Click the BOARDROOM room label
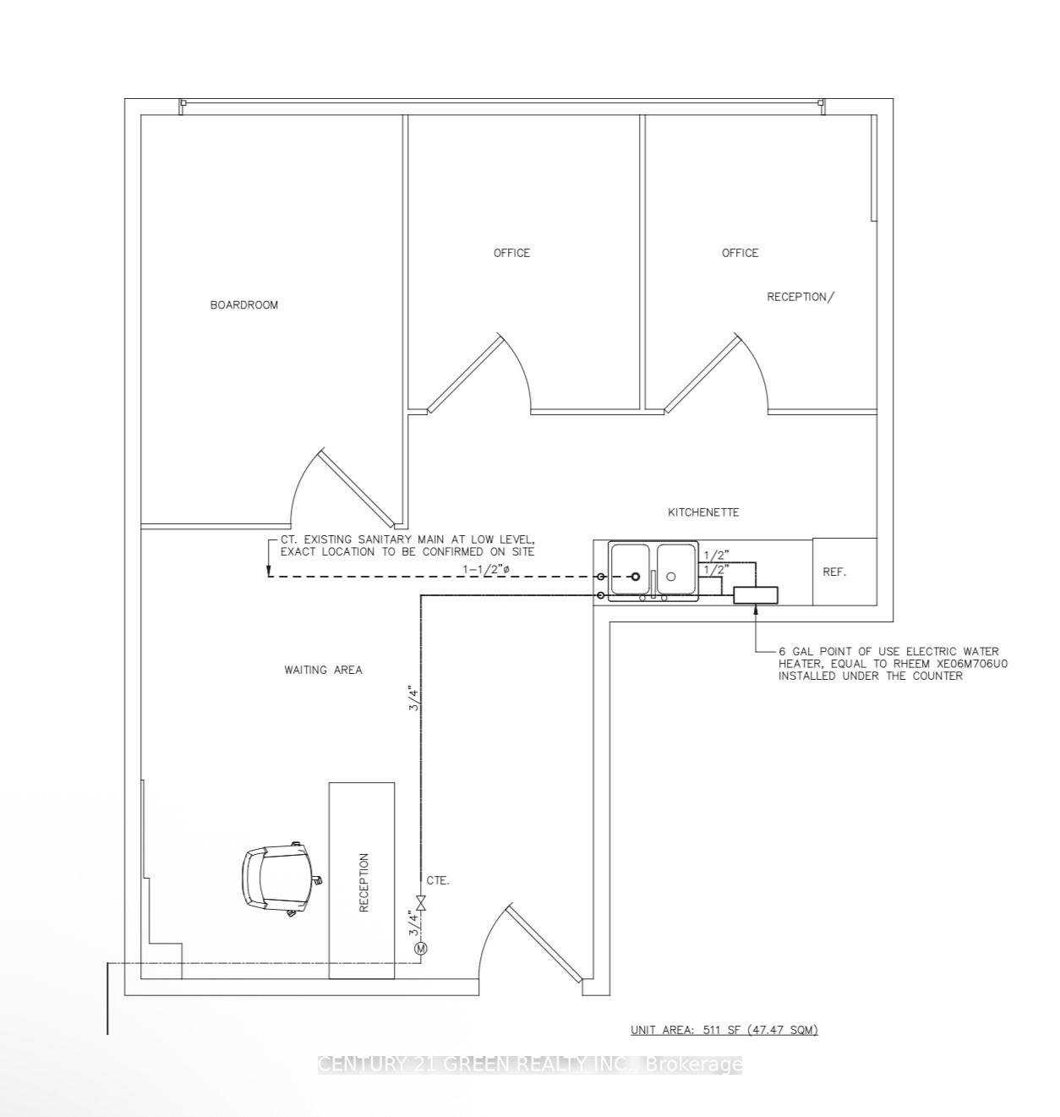click(x=243, y=304)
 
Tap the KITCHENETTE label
click(x=703, y=512)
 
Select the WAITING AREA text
click(x=323, y=670)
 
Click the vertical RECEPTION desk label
click(x=364, y=882)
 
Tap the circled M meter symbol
click(x=421, y=949)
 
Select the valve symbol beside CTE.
click(x=421, y=904)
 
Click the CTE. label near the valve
click(x=438, y=880)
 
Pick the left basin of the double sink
click(x=630, y=570)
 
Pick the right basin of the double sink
click(x=675, y=570)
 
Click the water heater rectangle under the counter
click(x=755, y=595)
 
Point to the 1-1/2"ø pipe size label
click(x=487, y=569)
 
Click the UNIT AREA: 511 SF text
click(x=724, y=1029)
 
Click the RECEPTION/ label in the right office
click(x=800, y=297)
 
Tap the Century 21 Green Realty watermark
click(x=530, y=1065)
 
